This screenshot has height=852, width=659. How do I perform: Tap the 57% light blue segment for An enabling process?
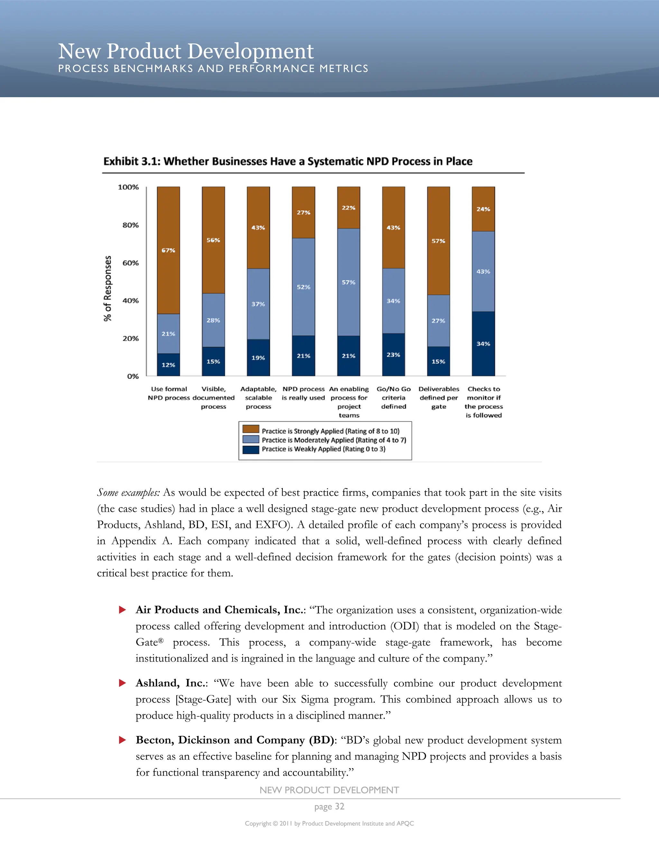point(348,282)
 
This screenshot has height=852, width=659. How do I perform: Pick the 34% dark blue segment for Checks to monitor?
point(483,344)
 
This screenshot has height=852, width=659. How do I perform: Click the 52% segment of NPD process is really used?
point(303,287)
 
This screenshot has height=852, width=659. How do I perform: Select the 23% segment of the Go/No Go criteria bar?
point(394,355)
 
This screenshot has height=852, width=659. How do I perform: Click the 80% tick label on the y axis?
point(130,225)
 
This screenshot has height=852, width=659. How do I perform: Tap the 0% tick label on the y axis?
point(133,376)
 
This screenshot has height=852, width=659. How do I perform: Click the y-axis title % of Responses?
point(108,289)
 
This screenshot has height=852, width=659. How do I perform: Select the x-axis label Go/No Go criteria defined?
point(394,397)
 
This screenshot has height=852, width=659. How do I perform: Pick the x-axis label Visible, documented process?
point(214,397)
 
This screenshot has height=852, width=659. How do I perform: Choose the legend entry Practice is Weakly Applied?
point(323,449)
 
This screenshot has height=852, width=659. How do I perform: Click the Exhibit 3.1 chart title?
point(288,161)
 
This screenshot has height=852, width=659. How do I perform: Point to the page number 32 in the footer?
point(329,806)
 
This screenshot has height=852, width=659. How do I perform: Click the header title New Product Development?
point(186,51)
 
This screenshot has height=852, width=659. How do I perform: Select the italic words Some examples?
point(128,493)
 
